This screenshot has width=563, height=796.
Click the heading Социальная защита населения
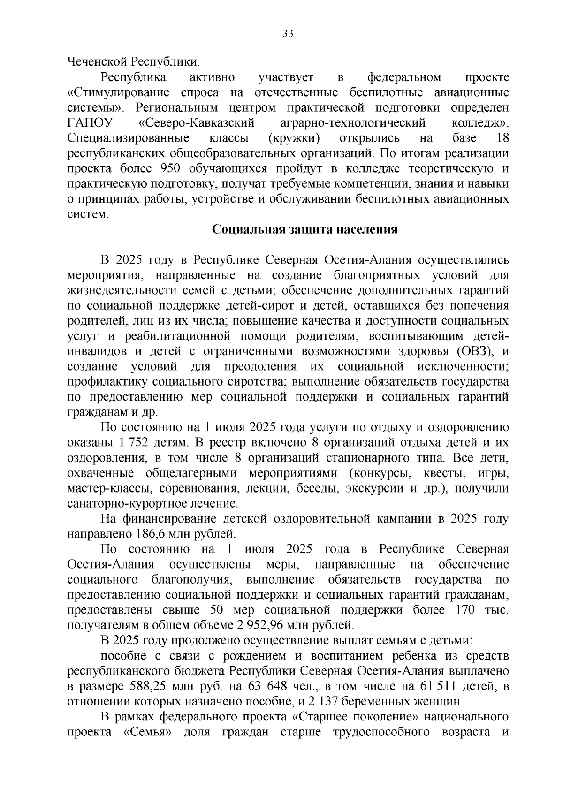coord(305,230)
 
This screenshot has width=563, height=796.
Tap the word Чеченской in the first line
coord(97,61)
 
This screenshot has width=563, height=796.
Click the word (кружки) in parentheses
coord(295,138)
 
